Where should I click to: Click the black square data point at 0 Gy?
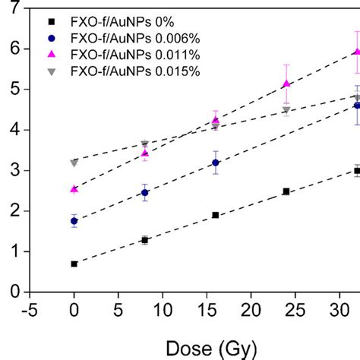pyautogui.click(x=74, y=264)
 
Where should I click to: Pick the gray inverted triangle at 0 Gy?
pyautogui.click(x=74, y=163)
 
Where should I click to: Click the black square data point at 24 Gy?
pyautogui.click(x=286, y=191)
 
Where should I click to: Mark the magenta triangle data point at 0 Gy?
pyautogui.click(x=74, y=189)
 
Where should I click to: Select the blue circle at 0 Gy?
pyautogui.click(x=74, y=221)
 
